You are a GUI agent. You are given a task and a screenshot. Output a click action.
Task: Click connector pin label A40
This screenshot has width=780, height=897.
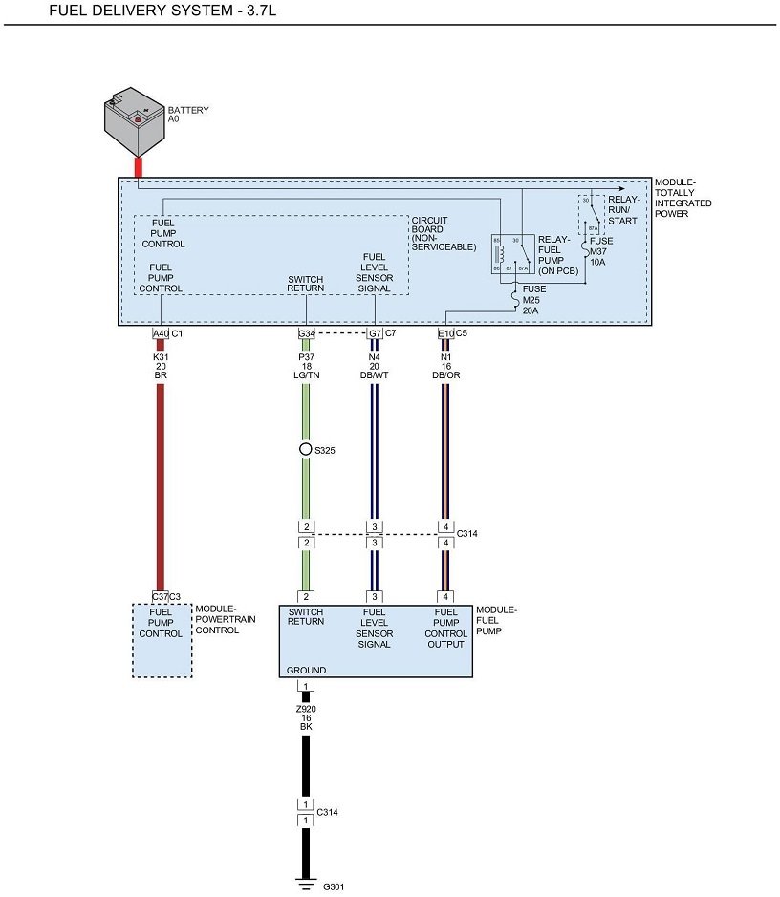point(161,333)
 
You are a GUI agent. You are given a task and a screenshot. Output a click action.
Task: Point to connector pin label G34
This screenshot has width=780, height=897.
point(307,333)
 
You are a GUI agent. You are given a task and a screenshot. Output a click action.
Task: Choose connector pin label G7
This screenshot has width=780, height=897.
point(375,333)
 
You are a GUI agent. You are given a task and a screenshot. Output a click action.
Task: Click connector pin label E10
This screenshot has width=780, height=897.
point(445,333)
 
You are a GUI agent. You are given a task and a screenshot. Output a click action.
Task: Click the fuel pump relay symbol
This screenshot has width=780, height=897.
point(512,254)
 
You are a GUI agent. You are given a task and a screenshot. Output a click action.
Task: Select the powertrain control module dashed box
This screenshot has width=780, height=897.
point(162,640)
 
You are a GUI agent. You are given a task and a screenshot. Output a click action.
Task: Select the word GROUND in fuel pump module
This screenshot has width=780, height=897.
point(307,671)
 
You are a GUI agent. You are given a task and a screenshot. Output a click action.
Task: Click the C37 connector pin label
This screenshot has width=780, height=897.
point(160,597)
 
